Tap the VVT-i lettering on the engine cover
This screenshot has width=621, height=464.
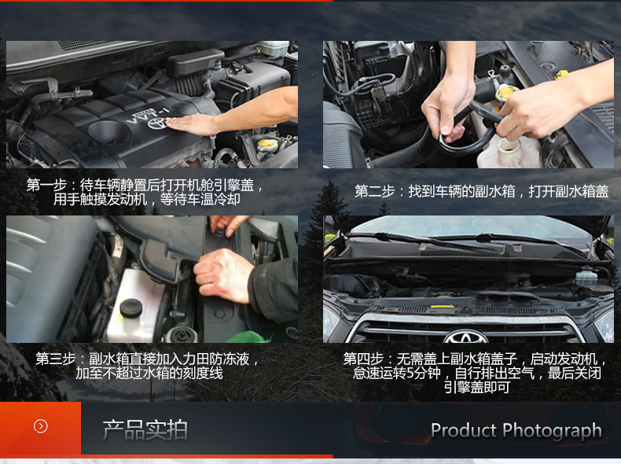click(x=148, y=115)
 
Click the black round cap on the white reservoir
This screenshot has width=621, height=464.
click(x=131, y=307)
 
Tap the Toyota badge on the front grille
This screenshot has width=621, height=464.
click(x=465, y=337)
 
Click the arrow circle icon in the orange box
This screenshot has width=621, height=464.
click(x=41, y=426)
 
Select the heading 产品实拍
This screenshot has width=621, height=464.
click(x=145, y=430)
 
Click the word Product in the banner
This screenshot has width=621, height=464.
click(x=464, y=430)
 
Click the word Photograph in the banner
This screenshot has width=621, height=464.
click(x=552, y=432)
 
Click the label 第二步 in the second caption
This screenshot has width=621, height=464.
click(x=375, y=191)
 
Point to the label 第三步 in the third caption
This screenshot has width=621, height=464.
click(x=56, y=359)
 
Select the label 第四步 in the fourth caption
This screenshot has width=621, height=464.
click(x=363, y=359)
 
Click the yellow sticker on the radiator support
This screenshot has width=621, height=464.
click(x=443, y=306)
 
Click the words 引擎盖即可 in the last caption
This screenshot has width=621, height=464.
click(x=476, y=387)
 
